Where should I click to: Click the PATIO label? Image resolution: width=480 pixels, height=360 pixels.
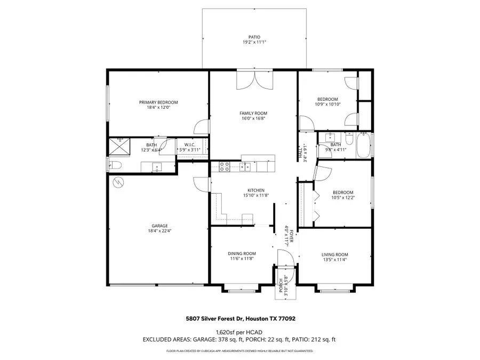tap(254, 37)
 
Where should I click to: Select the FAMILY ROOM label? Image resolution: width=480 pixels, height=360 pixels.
tap(253, 113)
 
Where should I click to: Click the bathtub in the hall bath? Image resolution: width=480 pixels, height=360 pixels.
tap(364, 146)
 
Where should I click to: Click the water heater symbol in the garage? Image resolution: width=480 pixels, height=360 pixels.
tap(117, 182)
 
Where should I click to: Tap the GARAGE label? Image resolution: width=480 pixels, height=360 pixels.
tap(158, 226)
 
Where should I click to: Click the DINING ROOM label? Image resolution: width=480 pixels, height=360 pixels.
tap(243, 253)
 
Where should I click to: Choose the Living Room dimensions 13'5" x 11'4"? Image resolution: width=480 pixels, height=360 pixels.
tap(334, 260)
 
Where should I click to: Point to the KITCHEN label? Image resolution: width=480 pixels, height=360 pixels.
tap(255, 190)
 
